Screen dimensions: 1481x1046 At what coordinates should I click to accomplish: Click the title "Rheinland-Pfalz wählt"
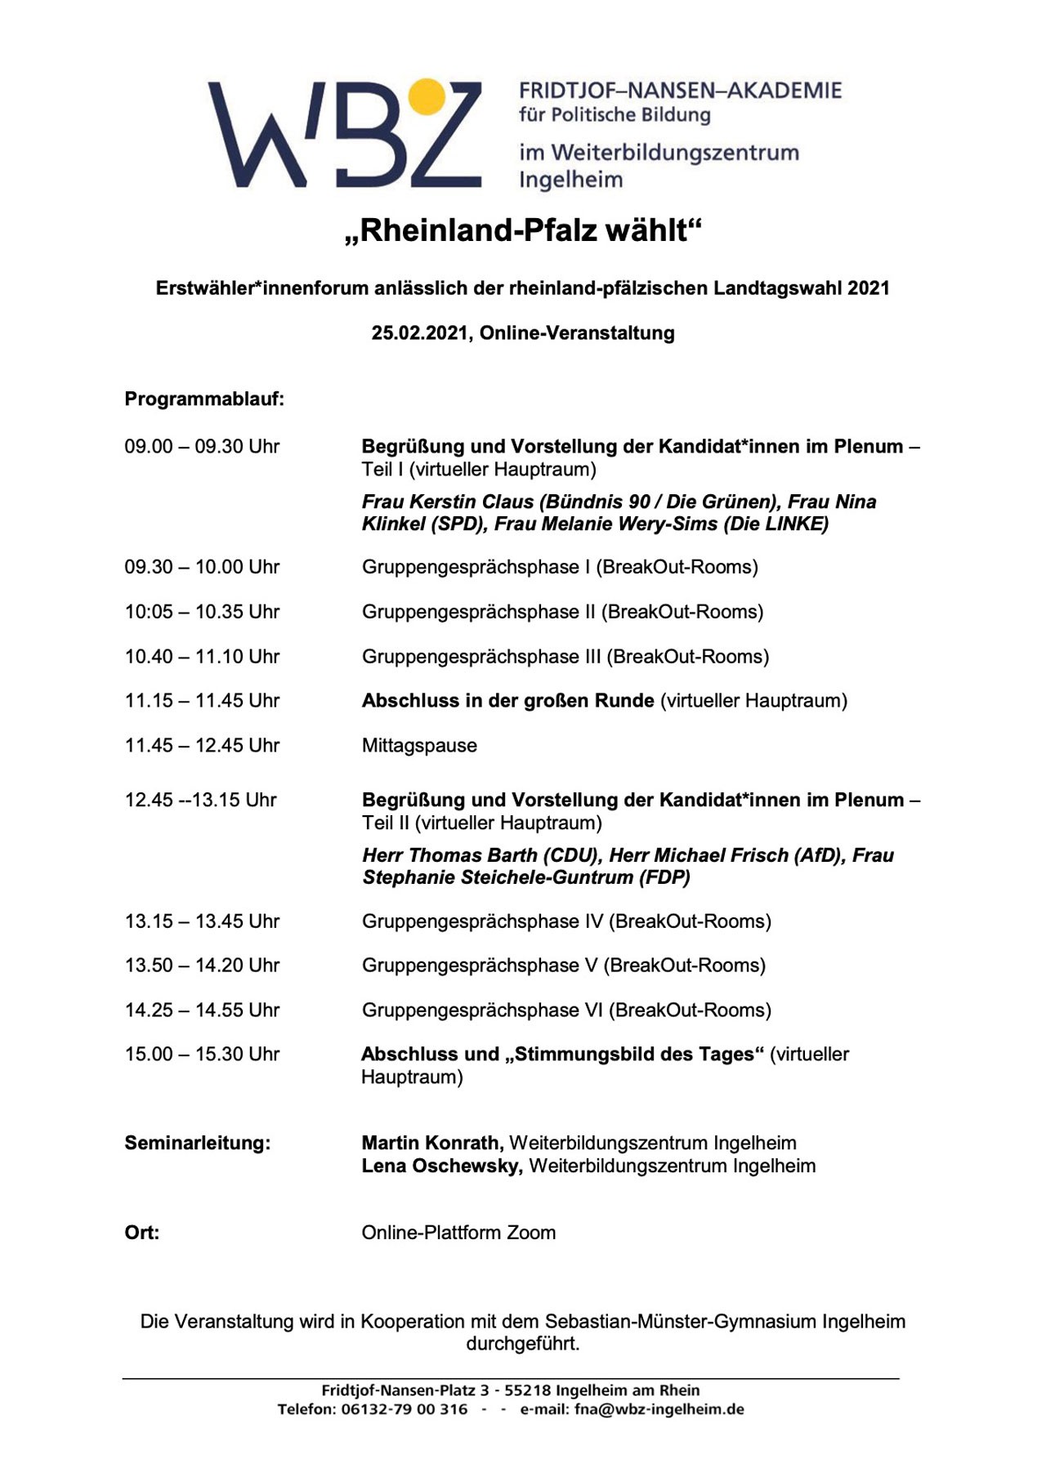pos(523,231)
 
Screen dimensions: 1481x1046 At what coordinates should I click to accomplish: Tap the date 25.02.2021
pos(420,333)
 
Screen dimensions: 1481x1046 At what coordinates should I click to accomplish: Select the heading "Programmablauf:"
pos(204,399)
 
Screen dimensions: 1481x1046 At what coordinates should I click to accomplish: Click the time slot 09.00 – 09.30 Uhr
pos(202,447)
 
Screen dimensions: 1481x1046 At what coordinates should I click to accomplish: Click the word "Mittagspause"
pos(419,746)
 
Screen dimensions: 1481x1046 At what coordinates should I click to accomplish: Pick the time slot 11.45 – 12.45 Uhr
pos(202,746)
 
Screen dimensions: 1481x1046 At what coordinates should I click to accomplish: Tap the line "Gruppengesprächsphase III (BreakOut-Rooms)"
pos(565,657)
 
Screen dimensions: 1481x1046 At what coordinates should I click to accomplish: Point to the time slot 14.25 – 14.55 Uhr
pos(202,1010)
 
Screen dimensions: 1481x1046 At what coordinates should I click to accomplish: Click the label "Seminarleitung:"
pos(197,1144)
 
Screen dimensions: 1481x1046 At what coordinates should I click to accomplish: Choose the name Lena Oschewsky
pos(441,1167)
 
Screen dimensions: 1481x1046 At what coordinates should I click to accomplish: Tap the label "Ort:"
pos(141,1233)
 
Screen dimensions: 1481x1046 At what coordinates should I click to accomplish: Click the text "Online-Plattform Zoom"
pos(458,1233)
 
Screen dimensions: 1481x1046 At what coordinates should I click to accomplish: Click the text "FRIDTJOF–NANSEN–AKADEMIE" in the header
pos(680,91)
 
